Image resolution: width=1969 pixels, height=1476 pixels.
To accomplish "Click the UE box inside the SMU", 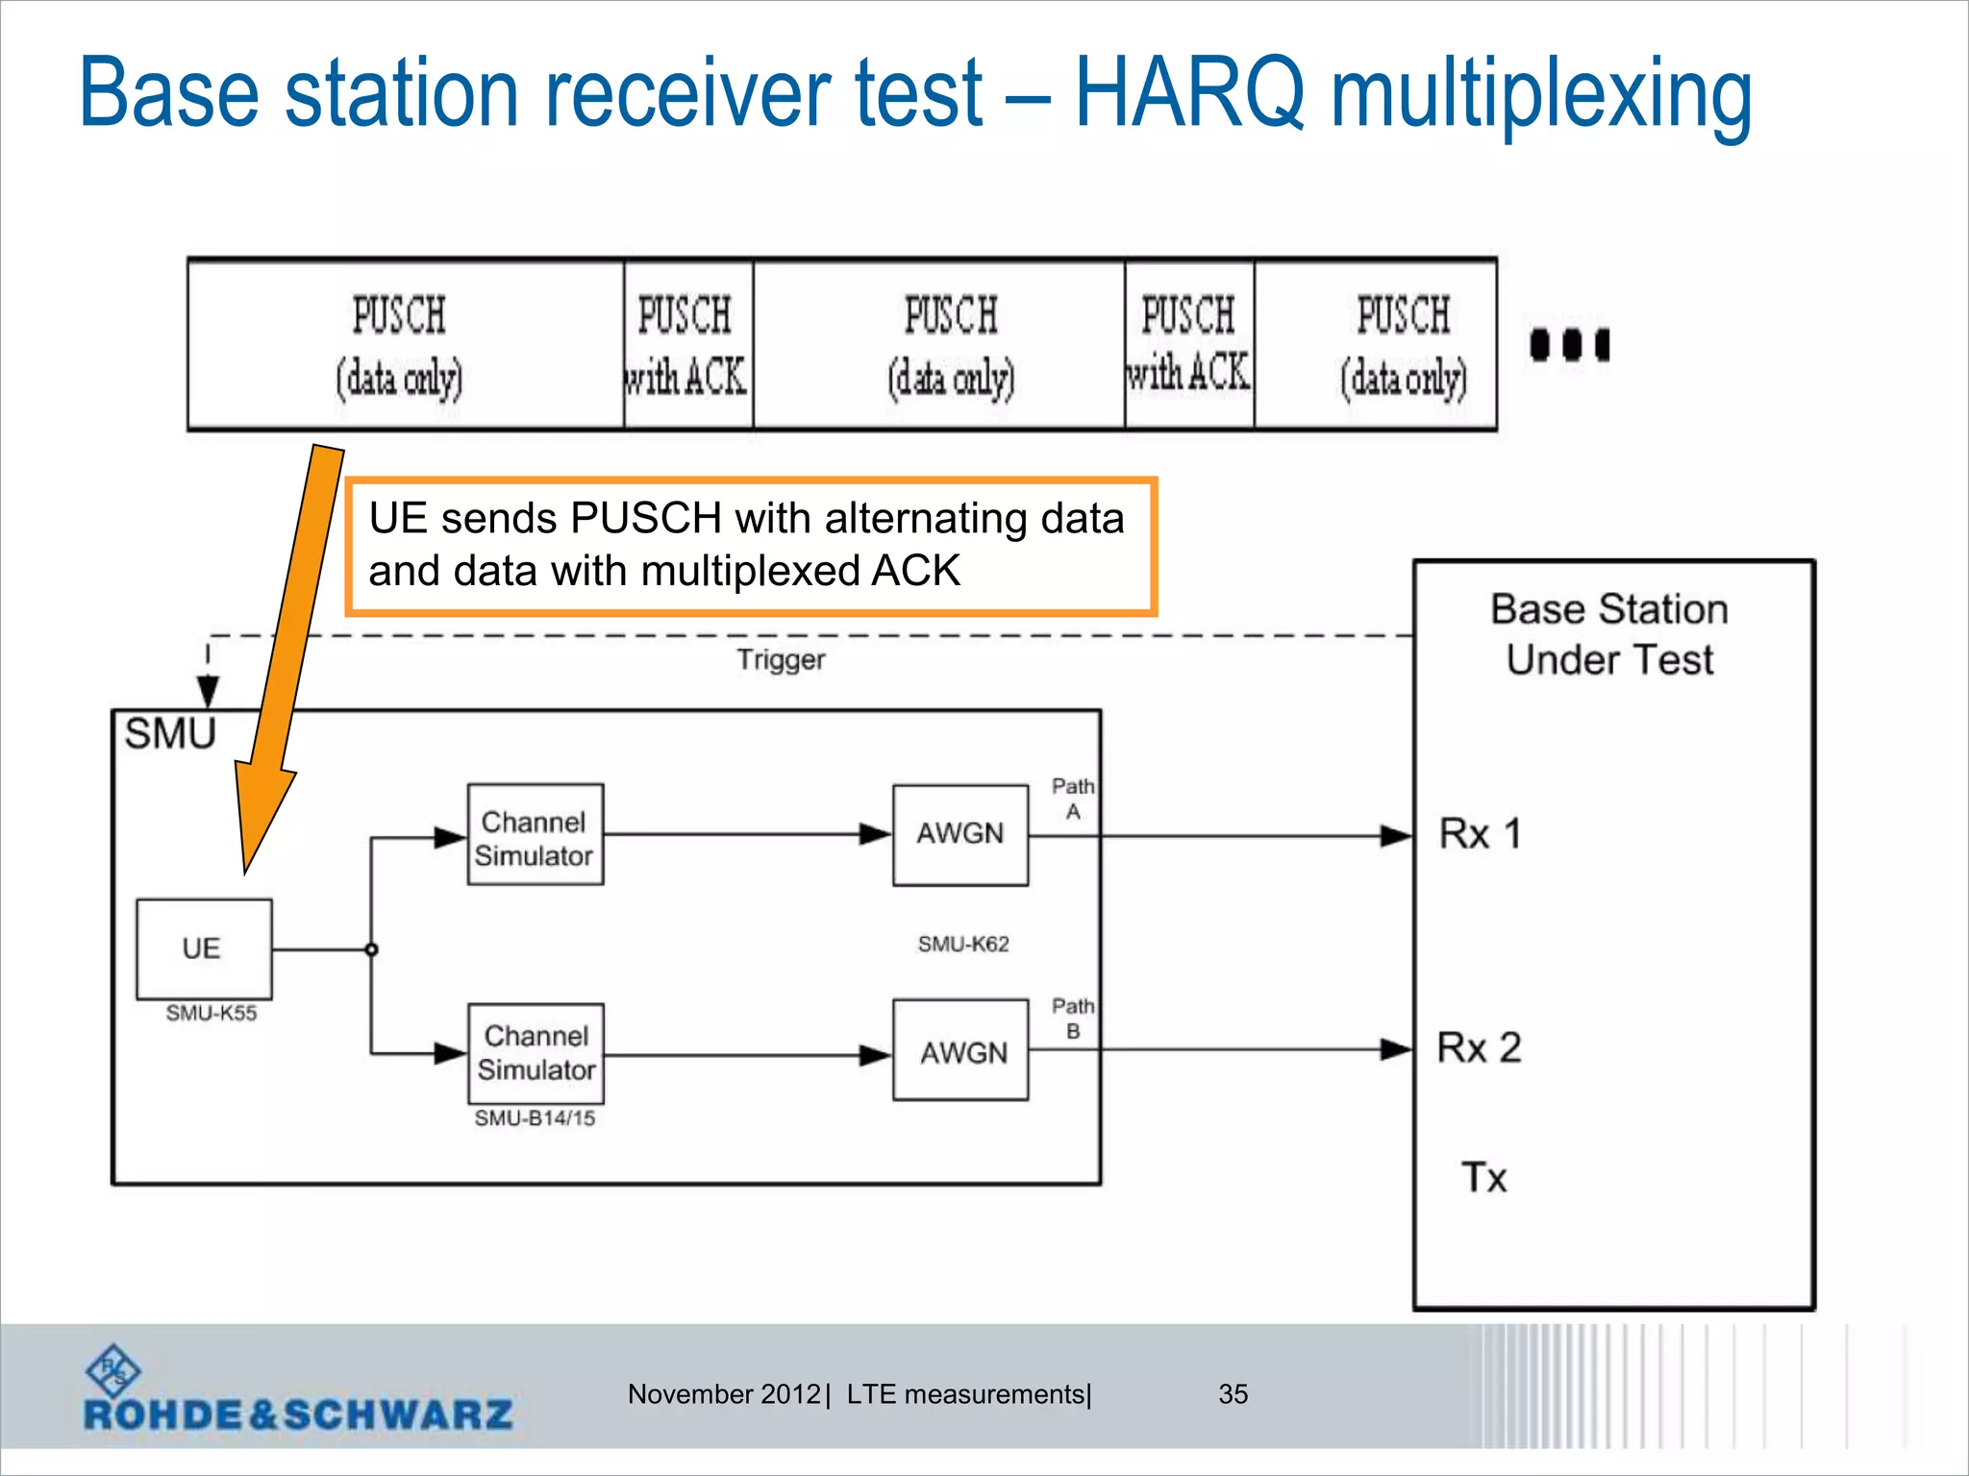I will [203, 948].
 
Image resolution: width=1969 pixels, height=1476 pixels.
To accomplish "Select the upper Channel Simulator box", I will [535, 835].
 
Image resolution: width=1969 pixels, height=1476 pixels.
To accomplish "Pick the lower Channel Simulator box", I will [536, 1053].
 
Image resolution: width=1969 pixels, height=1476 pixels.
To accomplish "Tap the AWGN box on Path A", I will [960, 834].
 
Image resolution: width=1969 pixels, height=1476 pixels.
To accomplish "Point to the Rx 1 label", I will [1479, 834].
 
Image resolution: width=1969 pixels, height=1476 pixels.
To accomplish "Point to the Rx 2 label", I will [1479, 1047].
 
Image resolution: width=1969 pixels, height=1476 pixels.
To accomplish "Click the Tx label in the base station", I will [1483, 1177].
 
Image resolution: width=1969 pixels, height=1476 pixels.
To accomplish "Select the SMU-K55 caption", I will [211, 1013].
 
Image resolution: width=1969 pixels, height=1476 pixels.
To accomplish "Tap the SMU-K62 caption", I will [962, 944].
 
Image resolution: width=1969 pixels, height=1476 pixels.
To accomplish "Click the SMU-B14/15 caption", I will [535, 1118].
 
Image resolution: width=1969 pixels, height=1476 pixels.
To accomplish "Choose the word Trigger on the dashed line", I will [781, 660].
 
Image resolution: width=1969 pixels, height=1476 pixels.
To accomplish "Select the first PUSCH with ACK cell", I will [687, 345].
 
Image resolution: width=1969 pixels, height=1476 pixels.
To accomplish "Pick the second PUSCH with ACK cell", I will [1188, 345].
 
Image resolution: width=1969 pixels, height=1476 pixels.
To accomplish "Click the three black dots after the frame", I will [1569, 344].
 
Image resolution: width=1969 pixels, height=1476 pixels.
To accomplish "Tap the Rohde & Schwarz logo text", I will [298, 1414].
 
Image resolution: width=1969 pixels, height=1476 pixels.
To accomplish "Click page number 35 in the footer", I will [1233, 1393].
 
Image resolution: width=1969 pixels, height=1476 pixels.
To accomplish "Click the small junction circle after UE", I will [371, 949].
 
